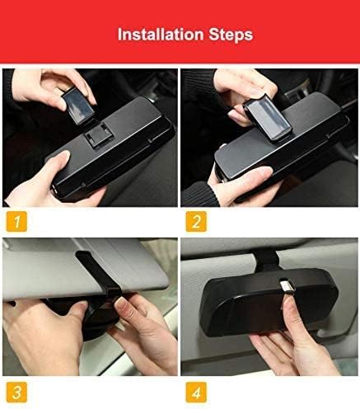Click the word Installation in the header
[x=159, y=35]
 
